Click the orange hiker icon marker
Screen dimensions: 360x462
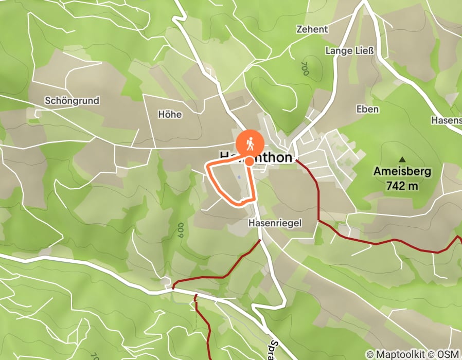click(250, 143)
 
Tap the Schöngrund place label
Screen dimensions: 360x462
click(72, 100)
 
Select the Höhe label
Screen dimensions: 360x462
click(170, 114)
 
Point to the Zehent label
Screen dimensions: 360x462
click(312, 29)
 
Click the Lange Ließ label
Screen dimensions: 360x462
click(349, 50)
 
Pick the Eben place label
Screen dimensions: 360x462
click(367, 109)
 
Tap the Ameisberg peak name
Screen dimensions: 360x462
click(402, 172)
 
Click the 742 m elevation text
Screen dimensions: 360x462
click(402, 186)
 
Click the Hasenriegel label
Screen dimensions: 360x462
click(275, 223)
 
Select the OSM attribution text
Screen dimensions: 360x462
click(449, 354)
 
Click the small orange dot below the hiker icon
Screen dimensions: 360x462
click(249, 161)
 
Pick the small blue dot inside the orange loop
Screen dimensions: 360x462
click(239, 178)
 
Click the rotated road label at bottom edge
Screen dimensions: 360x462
click(277, 349)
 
